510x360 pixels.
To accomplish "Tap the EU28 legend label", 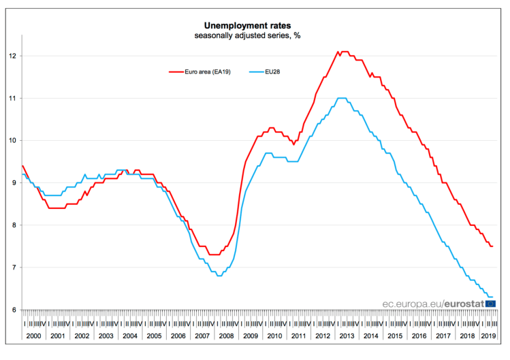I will [x=274, y=71].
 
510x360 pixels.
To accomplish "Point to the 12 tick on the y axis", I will [x=12, y=56].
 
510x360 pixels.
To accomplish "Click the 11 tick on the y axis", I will [x=12, y=98].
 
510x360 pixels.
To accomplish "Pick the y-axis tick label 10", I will [x=12, y=140].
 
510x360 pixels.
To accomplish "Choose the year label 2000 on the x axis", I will [x=34, y=336].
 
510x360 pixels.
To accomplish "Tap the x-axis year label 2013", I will [x=346, y=336].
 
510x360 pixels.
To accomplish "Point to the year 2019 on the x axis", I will [x=488, y=336].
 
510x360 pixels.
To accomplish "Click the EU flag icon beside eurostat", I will [x=490, y=304].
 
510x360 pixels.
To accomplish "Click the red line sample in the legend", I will [x=176, y=71].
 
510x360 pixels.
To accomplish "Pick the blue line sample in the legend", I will [x=256, y=71].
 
